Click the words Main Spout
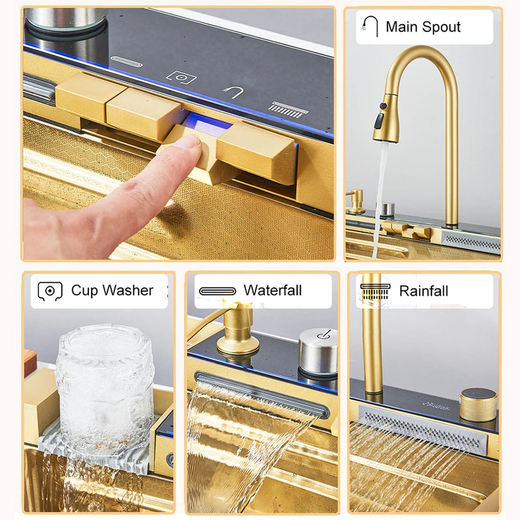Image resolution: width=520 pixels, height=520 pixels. click(422, 27)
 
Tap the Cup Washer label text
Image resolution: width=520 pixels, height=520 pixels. click(112, 291)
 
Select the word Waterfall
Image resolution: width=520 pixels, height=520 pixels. click(272, 291)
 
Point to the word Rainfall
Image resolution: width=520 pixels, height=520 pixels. click(423, 291)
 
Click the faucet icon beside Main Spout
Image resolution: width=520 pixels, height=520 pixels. click(370, 27)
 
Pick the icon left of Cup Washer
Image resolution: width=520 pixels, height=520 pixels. click(50, 291)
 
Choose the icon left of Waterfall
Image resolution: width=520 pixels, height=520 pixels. click(217, 291)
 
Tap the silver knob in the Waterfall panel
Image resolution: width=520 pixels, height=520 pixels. click(318, 352)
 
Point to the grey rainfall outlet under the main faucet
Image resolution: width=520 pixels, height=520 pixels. click(471, 242)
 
